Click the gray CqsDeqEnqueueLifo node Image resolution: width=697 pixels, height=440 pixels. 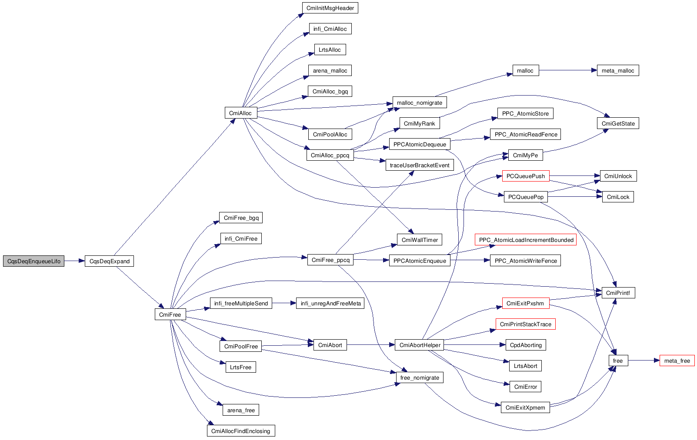click(x=33, y=261)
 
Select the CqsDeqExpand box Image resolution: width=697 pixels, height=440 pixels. click(x=109, y=261)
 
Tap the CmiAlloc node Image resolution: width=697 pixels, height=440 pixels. click(x=241, y=113)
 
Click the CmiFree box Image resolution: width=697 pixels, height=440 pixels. click(x=170, y=314)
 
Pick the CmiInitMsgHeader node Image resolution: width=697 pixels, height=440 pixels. click(x=330, y=8)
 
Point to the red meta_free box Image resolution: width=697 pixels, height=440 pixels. click(x=677, y=361)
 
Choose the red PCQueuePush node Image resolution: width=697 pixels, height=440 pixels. click(x=526, y=176)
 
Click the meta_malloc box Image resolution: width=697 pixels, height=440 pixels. click(x=618, y=70)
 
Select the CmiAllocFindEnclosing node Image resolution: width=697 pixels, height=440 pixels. click(x=241, y=431)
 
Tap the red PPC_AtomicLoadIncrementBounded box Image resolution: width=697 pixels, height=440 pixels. click(x=526, y=240)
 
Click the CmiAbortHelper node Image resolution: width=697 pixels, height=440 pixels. click(x=420, y=345)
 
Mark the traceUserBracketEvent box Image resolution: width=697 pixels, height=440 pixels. click(x=420, y=165)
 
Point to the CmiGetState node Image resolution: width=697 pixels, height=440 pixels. click(x=618, y=123)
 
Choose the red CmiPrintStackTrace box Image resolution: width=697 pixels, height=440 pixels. click(x=526, y=324)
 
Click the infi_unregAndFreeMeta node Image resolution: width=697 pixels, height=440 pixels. click(x=330, y=303)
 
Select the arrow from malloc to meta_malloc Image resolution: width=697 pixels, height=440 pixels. click(x=568, y=70)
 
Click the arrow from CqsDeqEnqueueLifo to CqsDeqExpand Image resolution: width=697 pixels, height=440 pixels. click(x=75, y=261)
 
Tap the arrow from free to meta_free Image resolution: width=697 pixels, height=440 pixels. click(x=644, y=361)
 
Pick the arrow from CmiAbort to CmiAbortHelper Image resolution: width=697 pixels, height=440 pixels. click(x=370, y=345)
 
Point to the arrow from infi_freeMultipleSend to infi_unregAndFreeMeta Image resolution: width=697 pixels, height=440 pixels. click(x=284, y=303)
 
